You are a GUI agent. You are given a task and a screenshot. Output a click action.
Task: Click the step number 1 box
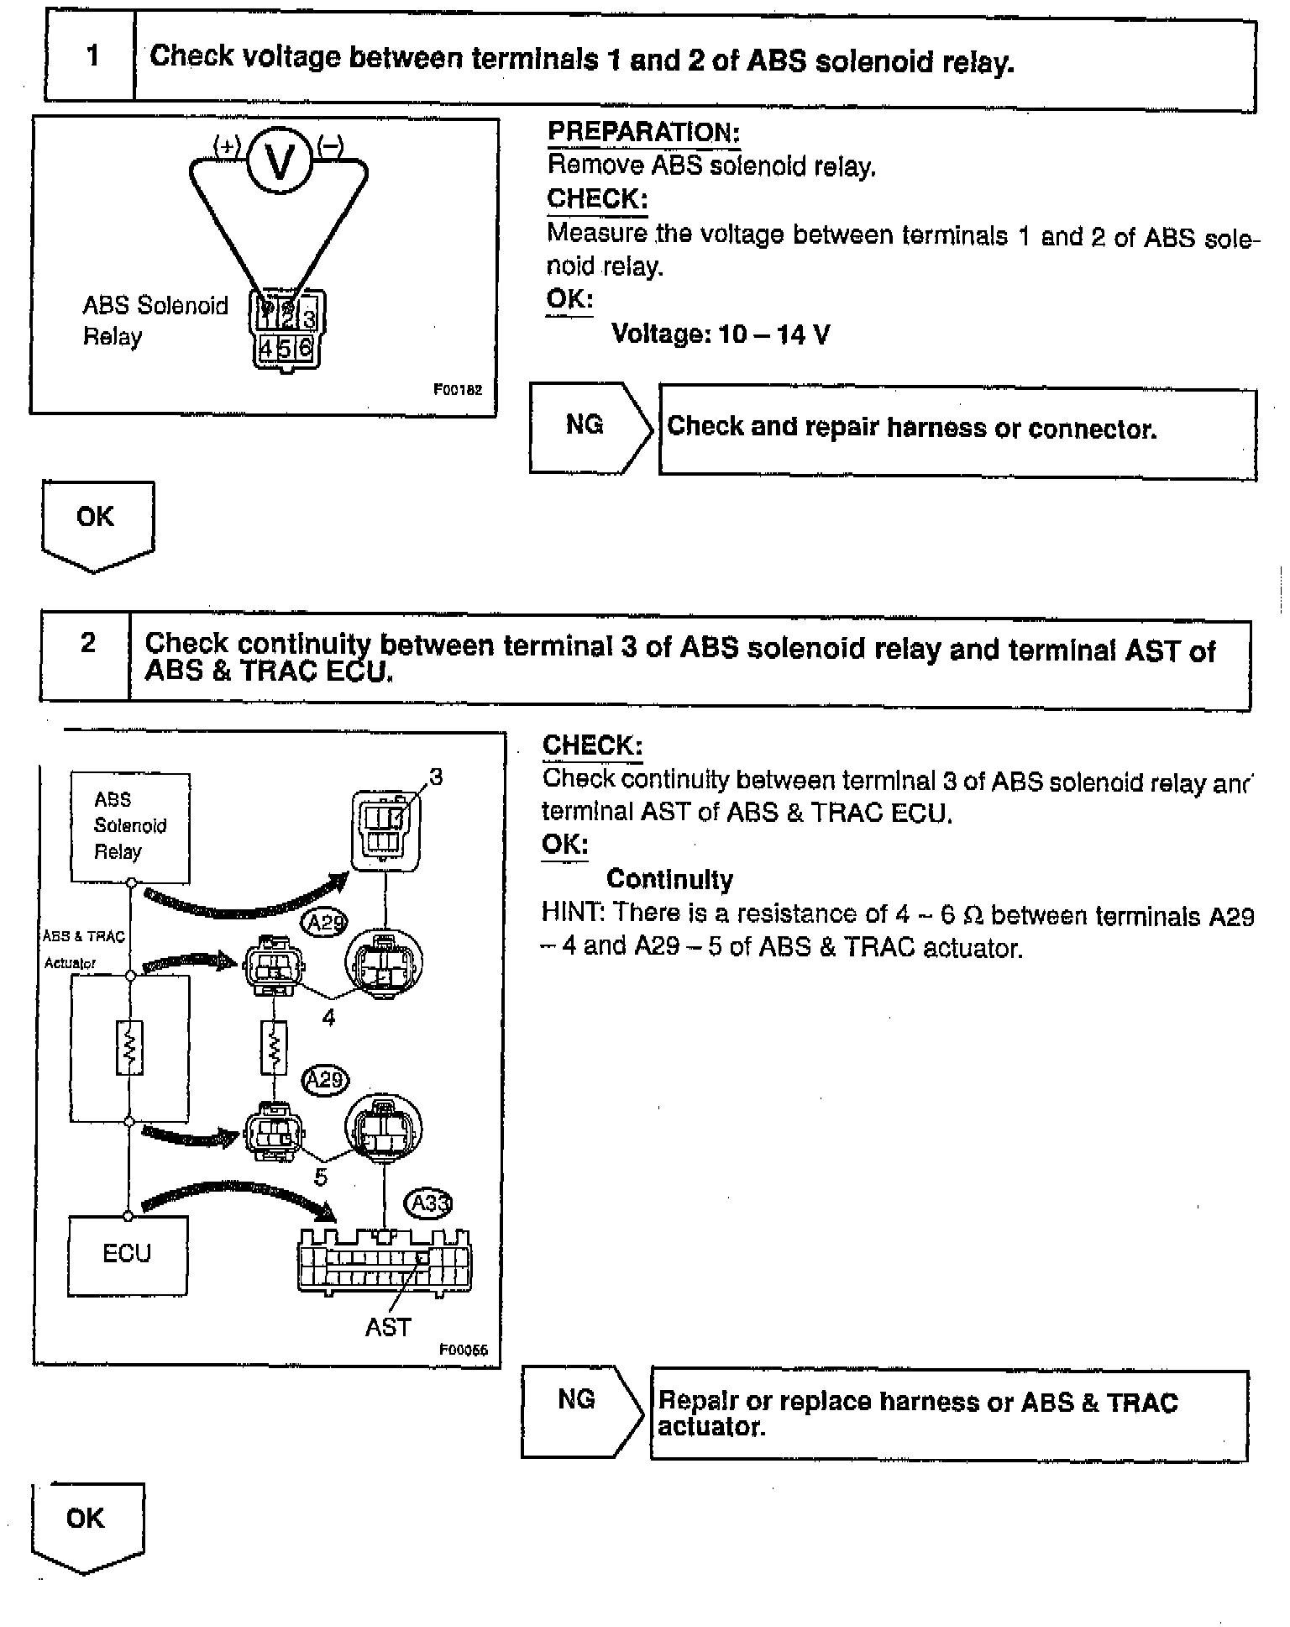tap(91, 58)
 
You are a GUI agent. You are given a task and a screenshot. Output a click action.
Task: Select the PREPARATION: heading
tap(643, 132)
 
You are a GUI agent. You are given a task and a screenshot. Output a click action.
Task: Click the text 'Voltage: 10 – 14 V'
tap(721, 334)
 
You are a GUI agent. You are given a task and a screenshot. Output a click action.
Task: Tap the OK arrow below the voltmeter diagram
tap(96, 523)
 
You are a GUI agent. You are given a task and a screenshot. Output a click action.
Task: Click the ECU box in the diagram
tap(127, 1255)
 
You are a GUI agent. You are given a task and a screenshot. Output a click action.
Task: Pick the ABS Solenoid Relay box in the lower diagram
tap(130, 826)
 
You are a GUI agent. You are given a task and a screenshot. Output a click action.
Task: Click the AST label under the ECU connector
tap(388, 1327)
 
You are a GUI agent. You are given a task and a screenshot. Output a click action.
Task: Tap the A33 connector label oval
tap(429, 1203)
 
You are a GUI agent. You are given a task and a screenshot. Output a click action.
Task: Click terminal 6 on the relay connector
tap(306, 347)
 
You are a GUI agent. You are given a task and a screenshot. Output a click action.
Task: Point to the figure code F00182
tap(458, 389)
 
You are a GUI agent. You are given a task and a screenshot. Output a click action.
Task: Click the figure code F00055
tap(463, 1350)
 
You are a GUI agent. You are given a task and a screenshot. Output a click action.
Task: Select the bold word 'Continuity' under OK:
tap(669, 879)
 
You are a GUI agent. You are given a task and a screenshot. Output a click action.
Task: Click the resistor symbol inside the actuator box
tap(129, 1047)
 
